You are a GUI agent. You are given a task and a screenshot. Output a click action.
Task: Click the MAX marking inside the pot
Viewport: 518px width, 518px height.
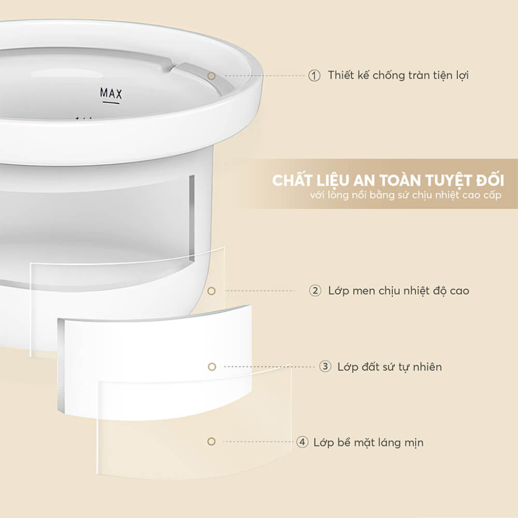(x=111, y=93)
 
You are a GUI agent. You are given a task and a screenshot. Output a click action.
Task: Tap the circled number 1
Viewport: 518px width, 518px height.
(x=314, y=76)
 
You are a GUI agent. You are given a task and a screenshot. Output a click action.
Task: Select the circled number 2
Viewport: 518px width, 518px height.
(x=315, y=291)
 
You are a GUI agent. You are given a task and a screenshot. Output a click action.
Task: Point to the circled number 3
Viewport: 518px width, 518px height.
(x=325, y=367)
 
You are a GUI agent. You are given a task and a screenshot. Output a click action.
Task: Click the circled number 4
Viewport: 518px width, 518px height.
(x=301, y=442)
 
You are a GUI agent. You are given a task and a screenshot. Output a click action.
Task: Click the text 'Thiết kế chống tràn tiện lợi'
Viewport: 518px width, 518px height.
(x=398, y=76)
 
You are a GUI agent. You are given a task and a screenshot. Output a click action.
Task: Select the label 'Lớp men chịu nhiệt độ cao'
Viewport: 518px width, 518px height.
(x=398, y=291)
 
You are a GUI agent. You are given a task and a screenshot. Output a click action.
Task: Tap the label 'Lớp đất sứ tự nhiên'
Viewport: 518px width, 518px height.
(x=390, y=367)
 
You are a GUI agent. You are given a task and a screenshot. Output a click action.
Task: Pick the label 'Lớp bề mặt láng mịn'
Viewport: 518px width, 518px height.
(x=368, y=442)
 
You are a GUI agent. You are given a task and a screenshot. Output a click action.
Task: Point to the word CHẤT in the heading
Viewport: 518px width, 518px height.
(x=293, y=181)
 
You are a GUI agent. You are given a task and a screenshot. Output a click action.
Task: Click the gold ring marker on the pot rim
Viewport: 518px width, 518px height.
(x=211, y=76)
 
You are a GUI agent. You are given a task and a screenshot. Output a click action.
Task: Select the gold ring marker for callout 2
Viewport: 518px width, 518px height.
(x=211, y=291)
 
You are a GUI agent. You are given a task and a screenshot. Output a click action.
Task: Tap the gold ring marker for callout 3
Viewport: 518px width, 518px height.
(x=211, y=367)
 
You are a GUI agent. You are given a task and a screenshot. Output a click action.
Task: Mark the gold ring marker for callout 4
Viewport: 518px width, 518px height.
(x=211, y=442)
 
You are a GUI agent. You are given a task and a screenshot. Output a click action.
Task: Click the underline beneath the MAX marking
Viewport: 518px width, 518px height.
(x=111, y=103)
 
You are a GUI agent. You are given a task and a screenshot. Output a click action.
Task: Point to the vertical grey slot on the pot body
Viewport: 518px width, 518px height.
(x=192, y=218)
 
